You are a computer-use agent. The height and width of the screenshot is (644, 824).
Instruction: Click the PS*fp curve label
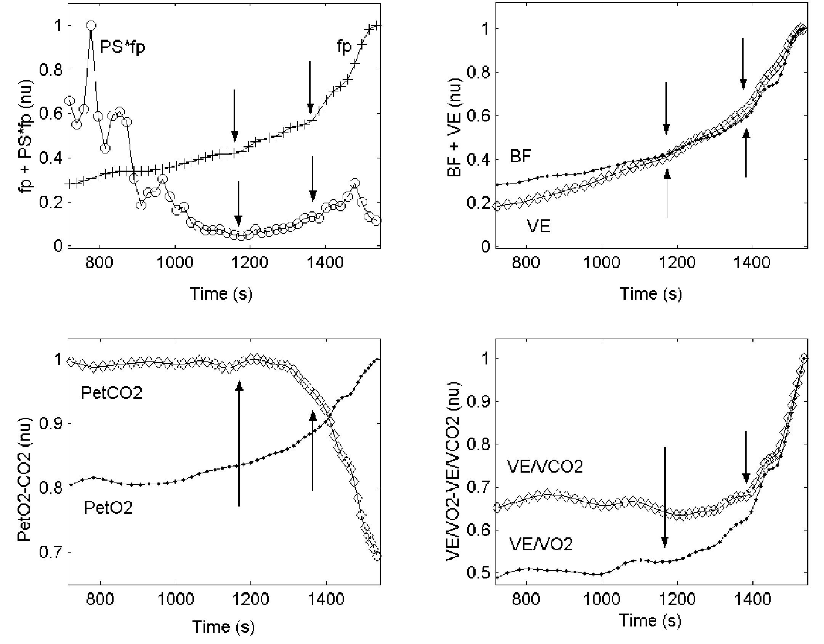point(122,48)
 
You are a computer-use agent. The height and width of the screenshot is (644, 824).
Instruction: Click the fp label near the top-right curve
point(344,47)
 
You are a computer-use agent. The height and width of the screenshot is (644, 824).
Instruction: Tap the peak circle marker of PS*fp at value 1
point(91,26)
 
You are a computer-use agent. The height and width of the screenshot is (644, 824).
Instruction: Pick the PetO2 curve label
point(108,508)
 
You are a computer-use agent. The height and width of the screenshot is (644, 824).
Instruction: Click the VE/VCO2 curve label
point(545,467)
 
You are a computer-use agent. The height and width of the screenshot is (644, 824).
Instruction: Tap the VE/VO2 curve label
point(541,545)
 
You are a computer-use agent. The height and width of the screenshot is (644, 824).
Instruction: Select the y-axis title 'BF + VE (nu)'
point(455,128)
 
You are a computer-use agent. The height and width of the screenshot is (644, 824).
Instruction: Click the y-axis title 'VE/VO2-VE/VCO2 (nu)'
point(454,470)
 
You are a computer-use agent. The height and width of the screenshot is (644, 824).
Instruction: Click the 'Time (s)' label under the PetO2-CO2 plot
point(223,626)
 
